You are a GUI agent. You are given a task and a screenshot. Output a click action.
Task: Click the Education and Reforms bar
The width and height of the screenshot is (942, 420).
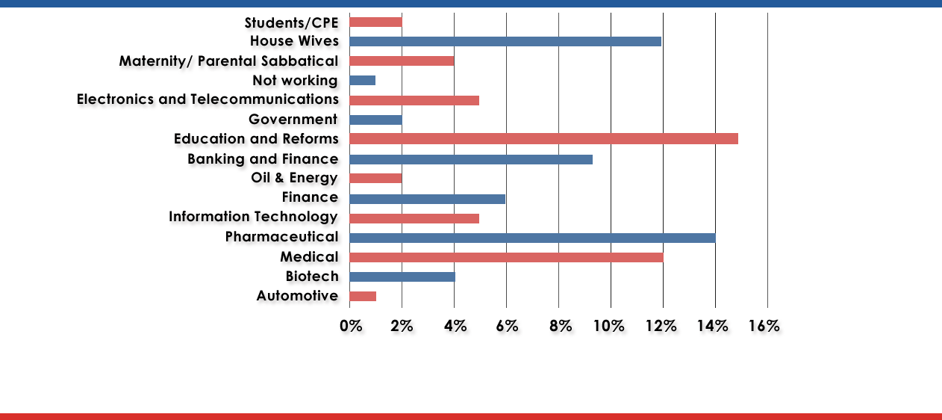pyautogui.click(x=543, y=139)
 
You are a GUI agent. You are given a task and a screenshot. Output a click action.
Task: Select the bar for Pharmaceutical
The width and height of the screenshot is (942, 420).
pyautogui.click(x=532, y=238)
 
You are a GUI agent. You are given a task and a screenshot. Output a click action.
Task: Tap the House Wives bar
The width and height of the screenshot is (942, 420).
pyautogui.click(x=505, y=41)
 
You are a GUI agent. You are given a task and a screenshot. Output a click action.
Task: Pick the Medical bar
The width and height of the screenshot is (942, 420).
pyautogui.click(x=506, y=258)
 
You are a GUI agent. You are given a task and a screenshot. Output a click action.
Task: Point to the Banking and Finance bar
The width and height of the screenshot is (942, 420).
pyautogui.click(x=470, y=159)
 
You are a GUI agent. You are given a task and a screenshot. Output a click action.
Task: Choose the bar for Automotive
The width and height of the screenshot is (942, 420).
pyautogui.click(x=362, y=297)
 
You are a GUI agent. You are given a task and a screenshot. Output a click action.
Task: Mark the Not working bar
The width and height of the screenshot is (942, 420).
pyautogui.click(x=362, y=80)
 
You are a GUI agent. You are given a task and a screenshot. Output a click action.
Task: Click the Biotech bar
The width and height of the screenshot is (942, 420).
pyautogui.click(x=402, y=277)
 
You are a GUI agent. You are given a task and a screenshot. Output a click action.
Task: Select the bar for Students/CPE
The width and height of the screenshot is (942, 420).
pyautogui.click(x=375, y=22)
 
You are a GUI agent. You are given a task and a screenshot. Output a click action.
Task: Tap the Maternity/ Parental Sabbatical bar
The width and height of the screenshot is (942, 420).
pyautogui.click(x=401, y=61)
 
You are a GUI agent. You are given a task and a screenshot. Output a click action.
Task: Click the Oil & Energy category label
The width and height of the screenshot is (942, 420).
pyautogui.click(x=294, y=178)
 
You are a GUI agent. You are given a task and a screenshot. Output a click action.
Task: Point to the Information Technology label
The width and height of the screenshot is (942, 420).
pyautogui.click(x=253, y=217)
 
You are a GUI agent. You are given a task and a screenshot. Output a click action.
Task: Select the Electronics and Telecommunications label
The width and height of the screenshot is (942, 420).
pyautogui.click(x=208, y=99)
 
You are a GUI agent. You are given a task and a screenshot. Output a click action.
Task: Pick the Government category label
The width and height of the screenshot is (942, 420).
pyautogui.click(x=293, y=120)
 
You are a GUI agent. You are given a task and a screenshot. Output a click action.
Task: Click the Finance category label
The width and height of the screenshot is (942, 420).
pyautogui.click(x=310, y=197)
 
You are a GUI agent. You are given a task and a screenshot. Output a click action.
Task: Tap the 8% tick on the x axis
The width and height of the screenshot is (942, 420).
pyautogui.click(x=561, y=326)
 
